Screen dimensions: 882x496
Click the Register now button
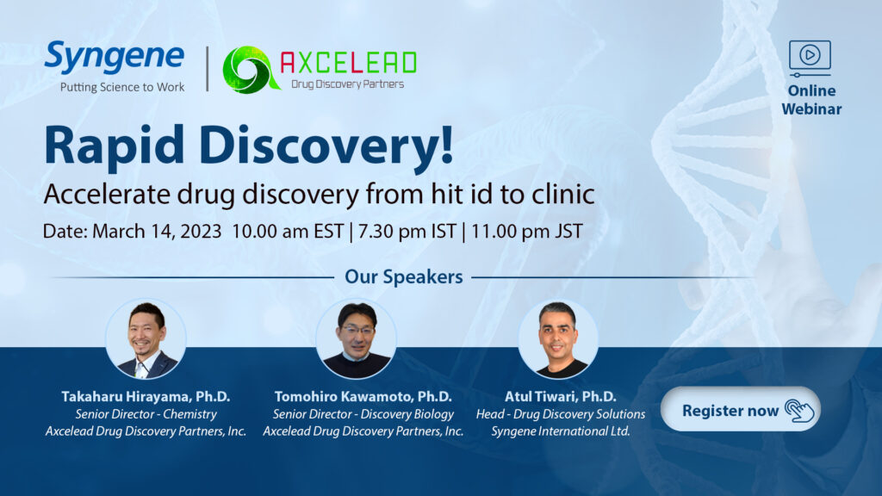(x=740, y=409)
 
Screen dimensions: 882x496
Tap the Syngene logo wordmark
(x=115, y=57)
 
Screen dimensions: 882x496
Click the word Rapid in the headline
(x=115, y=145)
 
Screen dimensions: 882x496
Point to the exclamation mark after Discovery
(x=447, y=144)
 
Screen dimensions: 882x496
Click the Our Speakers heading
(x=404, y=276)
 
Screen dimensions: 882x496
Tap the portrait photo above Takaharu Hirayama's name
(x=146, y=338)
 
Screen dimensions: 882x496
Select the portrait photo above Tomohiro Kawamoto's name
(x=356, y=338)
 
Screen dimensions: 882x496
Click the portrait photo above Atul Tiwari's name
(x=558, y=338)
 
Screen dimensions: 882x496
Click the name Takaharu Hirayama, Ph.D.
(x=146, y=396)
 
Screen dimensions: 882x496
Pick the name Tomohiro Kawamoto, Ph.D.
(x=363, y=396)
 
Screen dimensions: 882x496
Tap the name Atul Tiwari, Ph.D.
(x=560, y=396)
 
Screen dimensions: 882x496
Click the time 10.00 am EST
(x=288, y=231)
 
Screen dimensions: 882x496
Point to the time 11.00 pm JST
(x=526, y=231)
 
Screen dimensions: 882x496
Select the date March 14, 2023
(x=157, y=231)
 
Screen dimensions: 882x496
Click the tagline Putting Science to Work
(x=122, y=87)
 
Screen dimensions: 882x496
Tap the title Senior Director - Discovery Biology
(x=363, y=414)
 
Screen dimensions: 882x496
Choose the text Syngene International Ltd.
(x=560, y=431)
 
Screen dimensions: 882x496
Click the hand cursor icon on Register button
(x=799, y=411)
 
